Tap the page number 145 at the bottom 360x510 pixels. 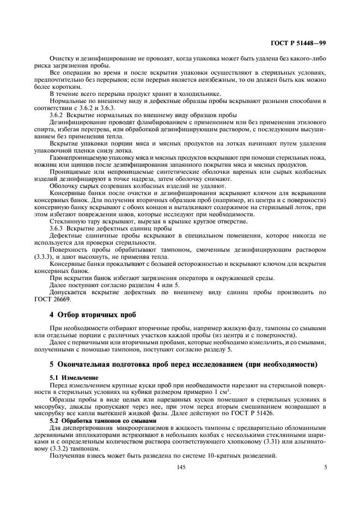coord(180,466)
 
